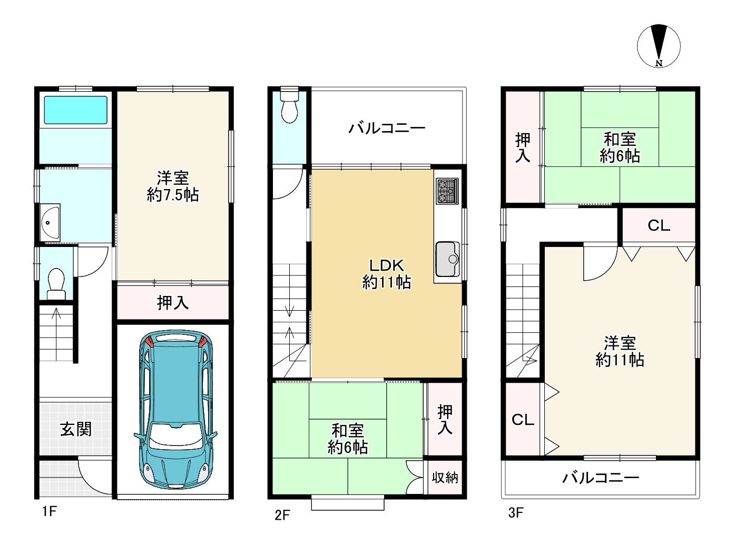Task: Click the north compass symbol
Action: click(659, 46)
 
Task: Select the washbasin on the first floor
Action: click(51, 222)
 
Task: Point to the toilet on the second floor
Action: click(289, 107)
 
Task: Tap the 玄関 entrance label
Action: click(75, 429)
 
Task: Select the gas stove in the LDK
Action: click(447, 191)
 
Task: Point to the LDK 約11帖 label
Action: click(386, 273)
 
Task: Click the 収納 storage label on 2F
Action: click(445, 478)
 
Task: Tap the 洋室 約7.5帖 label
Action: click(173, 186)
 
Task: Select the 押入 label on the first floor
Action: click(173, 303)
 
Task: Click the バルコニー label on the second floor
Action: click(387, 128)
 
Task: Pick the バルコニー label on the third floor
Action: click(601, 478)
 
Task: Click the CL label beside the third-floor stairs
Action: click(523, 420)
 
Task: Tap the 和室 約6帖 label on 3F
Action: click(620, 147)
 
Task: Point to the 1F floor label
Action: click(49, 512)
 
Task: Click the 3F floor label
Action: click(516, 512)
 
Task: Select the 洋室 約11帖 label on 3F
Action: click(620, 351)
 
